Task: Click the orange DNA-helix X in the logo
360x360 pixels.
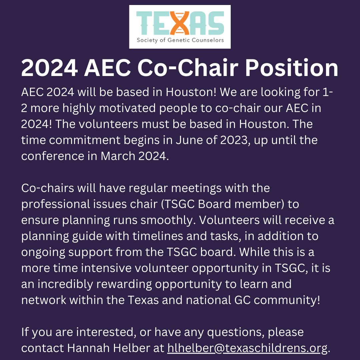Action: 180,22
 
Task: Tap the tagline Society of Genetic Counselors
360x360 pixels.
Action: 180,41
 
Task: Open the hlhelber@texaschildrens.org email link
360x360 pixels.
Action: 247,348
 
